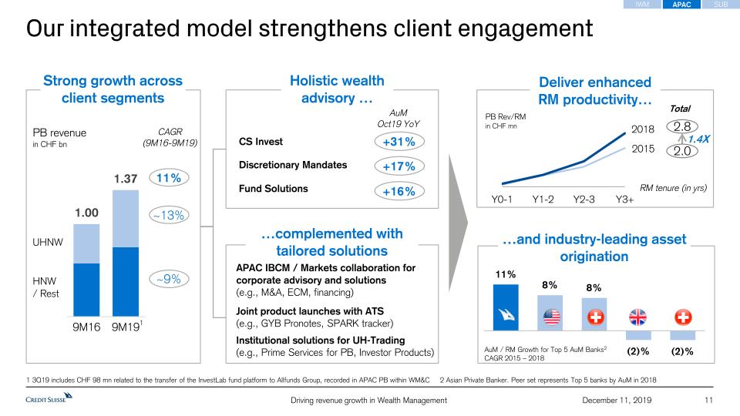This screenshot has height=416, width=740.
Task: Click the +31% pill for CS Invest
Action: [399, 142]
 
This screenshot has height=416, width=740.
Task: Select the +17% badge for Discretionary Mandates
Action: [399, 166]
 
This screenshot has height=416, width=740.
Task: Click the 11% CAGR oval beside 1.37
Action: [167, 178]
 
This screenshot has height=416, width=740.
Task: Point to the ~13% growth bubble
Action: [167, 216]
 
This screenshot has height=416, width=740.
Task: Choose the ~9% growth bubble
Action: [167, 280]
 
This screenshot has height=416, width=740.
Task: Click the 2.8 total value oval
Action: [681, 127]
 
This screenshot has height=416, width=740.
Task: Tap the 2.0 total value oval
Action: [681, 151]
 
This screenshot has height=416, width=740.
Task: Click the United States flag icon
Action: [550, 317]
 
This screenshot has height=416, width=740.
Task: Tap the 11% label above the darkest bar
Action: [505, 274]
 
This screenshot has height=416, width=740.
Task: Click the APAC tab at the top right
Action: [681, 5]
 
